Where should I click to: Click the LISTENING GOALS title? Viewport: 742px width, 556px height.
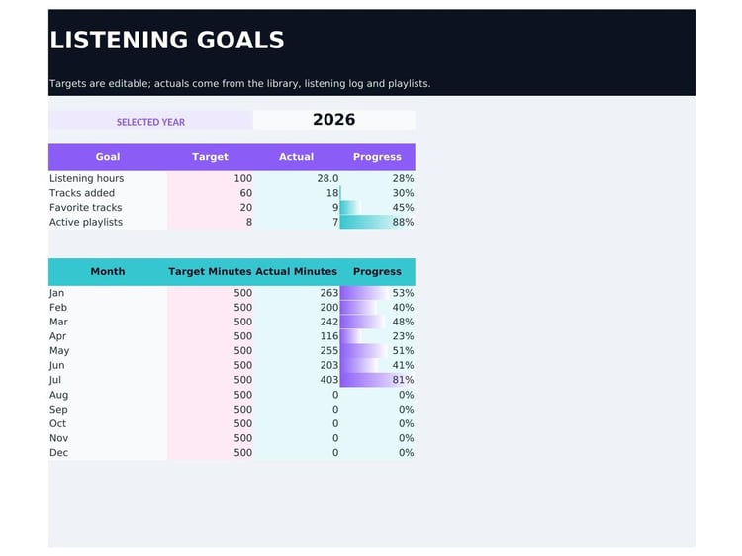tap(166, 40)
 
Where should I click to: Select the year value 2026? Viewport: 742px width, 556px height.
tap(333, 120)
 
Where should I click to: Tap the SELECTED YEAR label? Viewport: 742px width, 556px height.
tap(150, 122)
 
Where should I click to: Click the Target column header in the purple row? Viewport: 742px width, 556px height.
tap(210, 157)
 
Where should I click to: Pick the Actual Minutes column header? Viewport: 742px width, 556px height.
tap(296, 272)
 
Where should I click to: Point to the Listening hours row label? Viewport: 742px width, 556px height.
tap(87, 178)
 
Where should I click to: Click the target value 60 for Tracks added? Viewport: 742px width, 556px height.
tap(245, 193)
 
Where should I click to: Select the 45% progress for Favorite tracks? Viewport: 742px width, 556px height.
tap(403, 207)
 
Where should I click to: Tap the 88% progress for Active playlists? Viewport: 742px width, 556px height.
tap(403, 222)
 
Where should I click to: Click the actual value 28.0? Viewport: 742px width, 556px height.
tap(327, 178)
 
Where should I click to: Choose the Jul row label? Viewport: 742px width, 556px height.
tap(54, 380)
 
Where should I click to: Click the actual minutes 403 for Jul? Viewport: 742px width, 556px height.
tap(328, 380)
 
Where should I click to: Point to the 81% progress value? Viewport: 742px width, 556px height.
tap(403, 380)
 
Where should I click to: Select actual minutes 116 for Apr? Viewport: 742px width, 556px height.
tap(328, 336)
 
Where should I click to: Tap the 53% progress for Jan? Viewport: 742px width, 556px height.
tap(403, 293)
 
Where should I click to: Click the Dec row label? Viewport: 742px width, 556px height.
tap(58, 453)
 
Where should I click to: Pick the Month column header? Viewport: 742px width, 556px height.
tap(108, 272)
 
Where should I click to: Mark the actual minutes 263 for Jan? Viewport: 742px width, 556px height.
tap(328, 293)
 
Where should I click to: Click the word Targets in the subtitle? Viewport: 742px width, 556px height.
tap(67, 84)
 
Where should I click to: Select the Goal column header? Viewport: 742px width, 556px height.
tap(108, 157)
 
